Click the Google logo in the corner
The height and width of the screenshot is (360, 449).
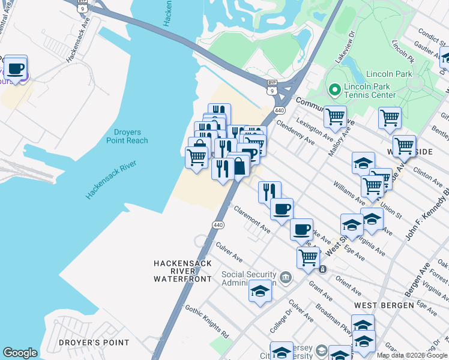click(x=20, y=353)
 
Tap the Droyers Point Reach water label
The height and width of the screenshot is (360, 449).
click(x=127, y=136)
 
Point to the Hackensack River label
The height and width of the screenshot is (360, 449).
click(x=111, y=179)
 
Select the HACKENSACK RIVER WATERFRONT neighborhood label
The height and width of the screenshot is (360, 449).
click(x=182, y=271)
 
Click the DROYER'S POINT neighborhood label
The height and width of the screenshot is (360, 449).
click(x=94, y=343)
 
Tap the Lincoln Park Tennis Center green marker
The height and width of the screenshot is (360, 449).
click(x=334, y=90)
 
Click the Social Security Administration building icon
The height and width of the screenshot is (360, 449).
click(x=286, y=277)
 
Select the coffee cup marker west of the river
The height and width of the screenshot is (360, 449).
click(x=17, y=67)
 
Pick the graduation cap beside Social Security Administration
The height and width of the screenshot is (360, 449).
click(x=260, y=291)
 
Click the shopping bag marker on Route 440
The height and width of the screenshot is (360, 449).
click(x=239, y=167)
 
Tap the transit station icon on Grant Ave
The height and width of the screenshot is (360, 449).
click(x=323, y=269)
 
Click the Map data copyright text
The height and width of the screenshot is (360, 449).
click(x=412, y=355)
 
